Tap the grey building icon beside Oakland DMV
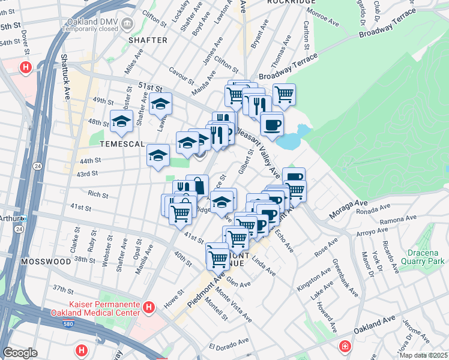click(127, 23)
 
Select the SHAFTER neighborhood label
click(148, 40)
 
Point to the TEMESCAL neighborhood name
click(118, 145)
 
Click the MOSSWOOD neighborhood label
click(45, 262)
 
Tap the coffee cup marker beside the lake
click(272, 125)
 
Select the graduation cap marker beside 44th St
click(158, 155)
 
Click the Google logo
click(20, 352)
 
